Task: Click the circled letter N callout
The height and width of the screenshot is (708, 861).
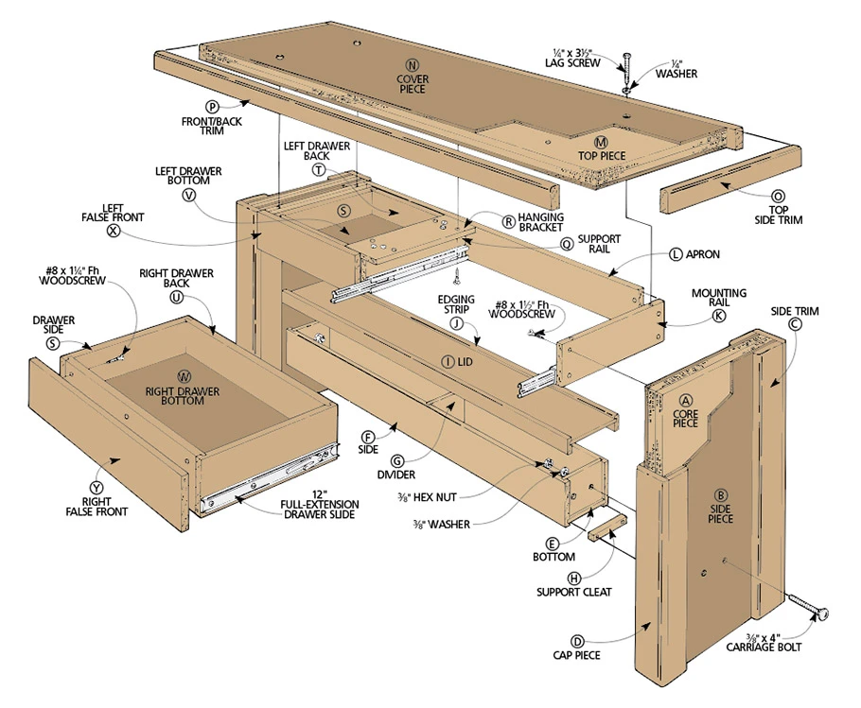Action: coord(412,67)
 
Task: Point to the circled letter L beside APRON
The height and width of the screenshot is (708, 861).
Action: coord(676,254)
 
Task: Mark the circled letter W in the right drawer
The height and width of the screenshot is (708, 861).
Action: coord(184,376)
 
